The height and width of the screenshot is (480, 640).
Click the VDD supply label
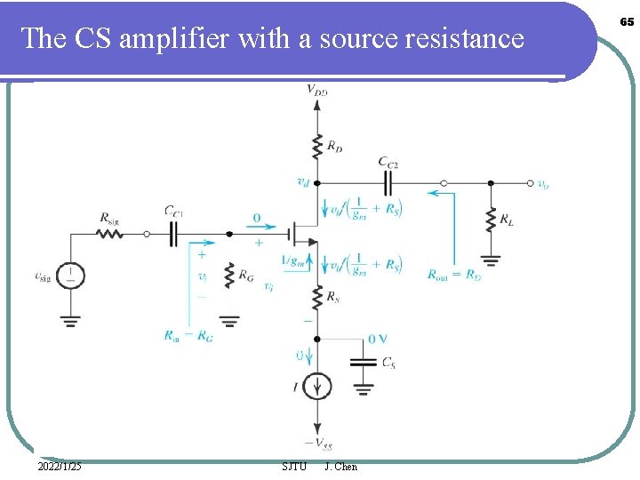point(316,89)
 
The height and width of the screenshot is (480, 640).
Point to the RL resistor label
point(506,219)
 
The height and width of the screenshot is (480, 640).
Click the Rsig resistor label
point(109,218)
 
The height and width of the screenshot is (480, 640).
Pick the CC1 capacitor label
point(174,212)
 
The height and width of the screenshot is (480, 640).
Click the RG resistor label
point(246,279)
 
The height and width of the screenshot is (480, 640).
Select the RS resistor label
point(334,298)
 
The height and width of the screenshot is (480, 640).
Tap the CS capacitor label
point(388,363)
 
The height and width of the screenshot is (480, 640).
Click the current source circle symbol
point(316,386)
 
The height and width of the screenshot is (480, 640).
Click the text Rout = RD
point(453,275)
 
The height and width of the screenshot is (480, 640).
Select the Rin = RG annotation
point(188,335)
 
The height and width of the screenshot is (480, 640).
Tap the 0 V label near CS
point(378,339)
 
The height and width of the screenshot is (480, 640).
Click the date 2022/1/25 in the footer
point(60,467)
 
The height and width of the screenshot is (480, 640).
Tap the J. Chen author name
point(341,467)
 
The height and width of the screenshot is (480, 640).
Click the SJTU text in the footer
point(293,467)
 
